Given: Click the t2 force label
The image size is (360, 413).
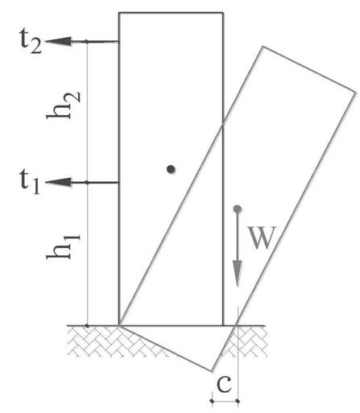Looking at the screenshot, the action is (x=31, y=41).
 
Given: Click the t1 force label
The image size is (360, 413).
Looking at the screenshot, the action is (x=30, y=182).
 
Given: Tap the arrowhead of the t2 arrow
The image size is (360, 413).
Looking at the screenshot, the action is (x=59, y=41).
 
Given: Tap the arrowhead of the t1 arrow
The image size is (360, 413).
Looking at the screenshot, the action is (x=59, y=183).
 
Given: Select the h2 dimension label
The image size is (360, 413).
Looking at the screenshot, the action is (x=64, y=105).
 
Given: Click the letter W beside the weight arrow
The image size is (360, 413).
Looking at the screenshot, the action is (x=262, y=237).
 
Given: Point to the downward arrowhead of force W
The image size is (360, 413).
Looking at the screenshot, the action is (x=238, y=274).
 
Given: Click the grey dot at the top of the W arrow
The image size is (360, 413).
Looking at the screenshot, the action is (x=238, y=209).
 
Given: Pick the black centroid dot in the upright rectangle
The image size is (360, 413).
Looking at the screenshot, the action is (x=171, y=169).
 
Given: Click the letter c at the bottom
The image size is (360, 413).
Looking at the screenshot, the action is (x=224, y=384).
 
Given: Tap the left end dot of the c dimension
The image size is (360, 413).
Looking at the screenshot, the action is (x=212, y=401).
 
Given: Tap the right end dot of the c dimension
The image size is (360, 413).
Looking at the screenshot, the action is (x=238, y=401).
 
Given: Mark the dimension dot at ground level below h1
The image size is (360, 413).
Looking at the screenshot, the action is (x=87, y=326).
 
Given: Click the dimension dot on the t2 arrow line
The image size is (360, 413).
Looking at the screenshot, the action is (x=86, y=41).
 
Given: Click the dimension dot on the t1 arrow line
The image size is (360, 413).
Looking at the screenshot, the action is (x=86, y=183).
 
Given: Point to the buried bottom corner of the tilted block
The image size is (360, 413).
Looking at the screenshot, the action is (x=212, y=371).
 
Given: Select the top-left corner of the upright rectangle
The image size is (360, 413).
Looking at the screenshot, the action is (x=119, y=13).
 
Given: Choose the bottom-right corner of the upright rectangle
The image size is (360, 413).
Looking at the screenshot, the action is (x=223, y=326).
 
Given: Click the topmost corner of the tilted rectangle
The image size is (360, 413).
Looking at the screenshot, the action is (x=263, y=47).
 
